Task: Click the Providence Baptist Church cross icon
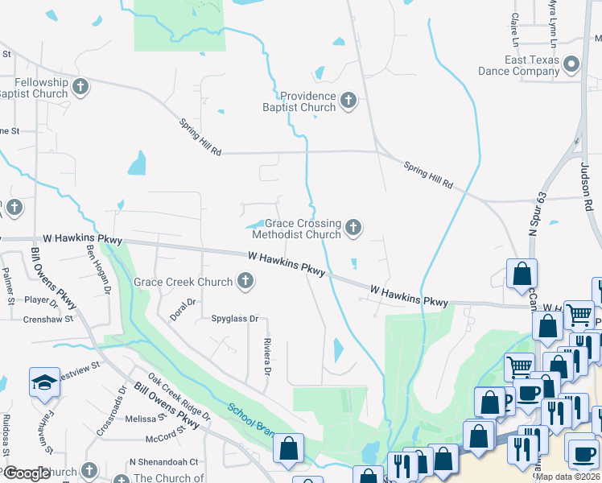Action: pos(348,101)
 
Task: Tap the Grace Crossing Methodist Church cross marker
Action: pos(353,229)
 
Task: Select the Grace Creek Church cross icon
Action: pos(246,282)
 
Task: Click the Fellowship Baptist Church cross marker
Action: pos(80,87)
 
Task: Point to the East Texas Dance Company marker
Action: pos(572,64)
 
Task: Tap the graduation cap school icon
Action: pos(44,382)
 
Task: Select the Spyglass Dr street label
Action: pos(234,319)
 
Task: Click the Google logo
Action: pos(27,473)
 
